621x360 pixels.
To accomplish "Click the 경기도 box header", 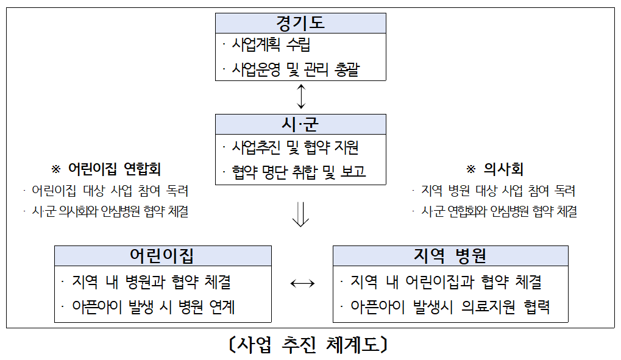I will [x=300, y=23].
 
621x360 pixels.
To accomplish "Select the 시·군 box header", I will [x=300, y=124].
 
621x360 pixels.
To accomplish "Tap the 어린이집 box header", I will [x=163, y=256].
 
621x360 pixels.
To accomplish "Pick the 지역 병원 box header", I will [x=450, y=256].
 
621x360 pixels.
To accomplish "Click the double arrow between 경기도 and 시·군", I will [x=300, y=97].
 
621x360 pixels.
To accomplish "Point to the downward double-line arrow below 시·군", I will [x=300, y=214].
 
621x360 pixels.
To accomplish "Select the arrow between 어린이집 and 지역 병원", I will [x=302, y=283].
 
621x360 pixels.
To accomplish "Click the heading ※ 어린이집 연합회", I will [x=110, y=169].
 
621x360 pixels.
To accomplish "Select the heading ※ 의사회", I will [x=494, y=169].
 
